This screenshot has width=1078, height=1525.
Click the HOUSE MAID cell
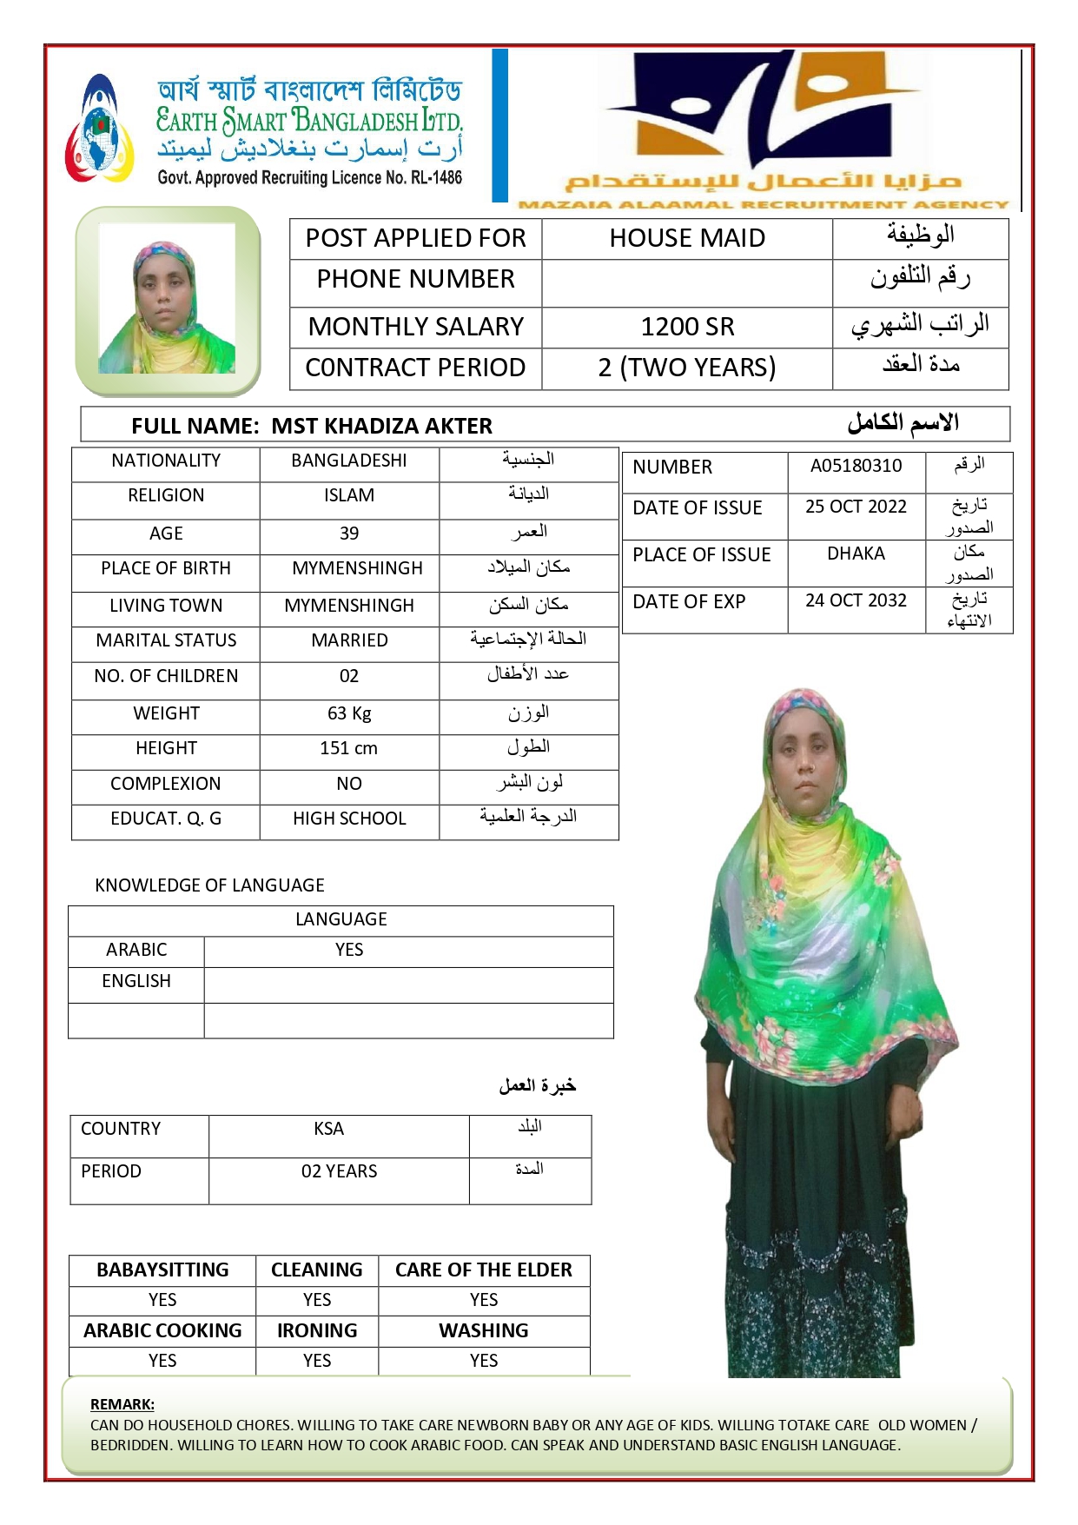[x=687, y=238]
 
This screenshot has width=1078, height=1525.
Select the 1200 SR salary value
[x=687, y=327]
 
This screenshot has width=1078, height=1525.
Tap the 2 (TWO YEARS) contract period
[x=687, y=368]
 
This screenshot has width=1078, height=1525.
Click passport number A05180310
[x=856, y=466]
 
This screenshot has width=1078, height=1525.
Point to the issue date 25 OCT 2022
[x=856, y=507]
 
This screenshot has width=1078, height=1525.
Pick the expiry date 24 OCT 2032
[x=856, y=600]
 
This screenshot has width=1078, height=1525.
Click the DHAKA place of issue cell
[x=856, y=554]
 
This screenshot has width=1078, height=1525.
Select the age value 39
[x=349, y=534]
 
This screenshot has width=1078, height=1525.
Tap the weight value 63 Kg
[x=349, y=713]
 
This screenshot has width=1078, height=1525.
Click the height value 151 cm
[x=349, y=748]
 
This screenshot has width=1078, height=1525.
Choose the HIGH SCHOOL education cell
[x=349, y=819]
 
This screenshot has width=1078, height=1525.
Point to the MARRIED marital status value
[x=349, y=640]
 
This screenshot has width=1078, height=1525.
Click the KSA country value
[x=329, y=1129]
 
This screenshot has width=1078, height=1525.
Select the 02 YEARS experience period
[x=339, y=1171]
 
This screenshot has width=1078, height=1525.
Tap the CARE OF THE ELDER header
[x=484, y=1270]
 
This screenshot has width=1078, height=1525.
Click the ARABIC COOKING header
[x=162, y=1331]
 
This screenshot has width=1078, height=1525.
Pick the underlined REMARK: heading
[x=122, y=1404]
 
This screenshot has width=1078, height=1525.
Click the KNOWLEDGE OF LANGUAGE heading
[x=209, y=885]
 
